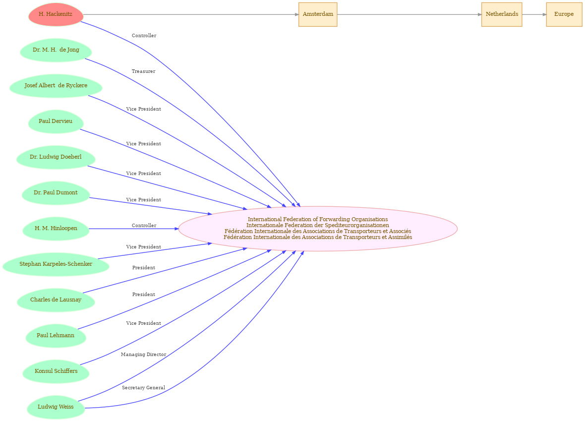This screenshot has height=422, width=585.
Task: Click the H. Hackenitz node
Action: [56, 14]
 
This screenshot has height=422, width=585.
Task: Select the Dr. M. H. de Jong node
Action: [56, 50]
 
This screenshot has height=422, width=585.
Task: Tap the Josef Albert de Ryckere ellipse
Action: [56, 86]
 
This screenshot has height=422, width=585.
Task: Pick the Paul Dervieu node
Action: [56, 121]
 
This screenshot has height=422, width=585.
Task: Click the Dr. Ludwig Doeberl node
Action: [56, 157]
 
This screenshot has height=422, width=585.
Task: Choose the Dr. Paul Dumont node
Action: [56, 193]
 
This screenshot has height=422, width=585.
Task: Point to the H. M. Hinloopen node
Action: [56, 229]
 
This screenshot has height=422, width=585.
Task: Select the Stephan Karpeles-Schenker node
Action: [56, 264]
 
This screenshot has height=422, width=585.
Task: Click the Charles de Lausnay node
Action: [56, 300]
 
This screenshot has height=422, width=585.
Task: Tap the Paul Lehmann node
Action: [56, 336]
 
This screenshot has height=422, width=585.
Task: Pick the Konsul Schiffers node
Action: [56, 371]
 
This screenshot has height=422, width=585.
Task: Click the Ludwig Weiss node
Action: [56, 407]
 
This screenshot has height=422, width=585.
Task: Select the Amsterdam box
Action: [318, 14]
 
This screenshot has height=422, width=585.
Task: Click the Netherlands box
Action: [502, 14]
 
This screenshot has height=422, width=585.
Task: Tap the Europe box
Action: [564, 14]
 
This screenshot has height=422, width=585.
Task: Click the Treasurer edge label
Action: [144, 71]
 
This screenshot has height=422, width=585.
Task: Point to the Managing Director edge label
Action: [144, 355]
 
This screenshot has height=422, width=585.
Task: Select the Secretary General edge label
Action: [144, 388]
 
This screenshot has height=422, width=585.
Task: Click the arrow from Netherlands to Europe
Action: [534, 14]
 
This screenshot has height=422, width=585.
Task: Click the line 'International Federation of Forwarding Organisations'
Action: [318, 219]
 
